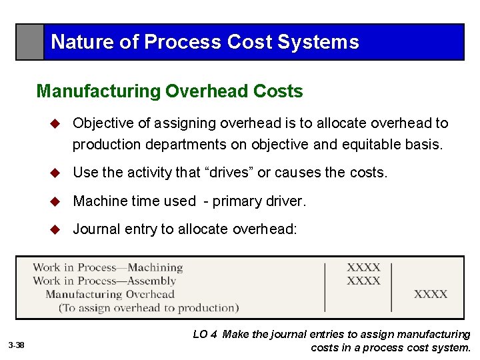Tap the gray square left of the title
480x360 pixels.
30,42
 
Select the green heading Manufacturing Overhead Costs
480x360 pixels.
169,91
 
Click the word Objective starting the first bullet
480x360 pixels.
103,123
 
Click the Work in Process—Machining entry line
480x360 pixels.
108,268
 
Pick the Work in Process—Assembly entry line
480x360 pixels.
104,281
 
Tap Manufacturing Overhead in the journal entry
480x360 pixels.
110,294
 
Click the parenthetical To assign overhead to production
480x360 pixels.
148,308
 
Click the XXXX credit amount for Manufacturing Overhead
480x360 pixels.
431,294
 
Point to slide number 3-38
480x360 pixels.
17,345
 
